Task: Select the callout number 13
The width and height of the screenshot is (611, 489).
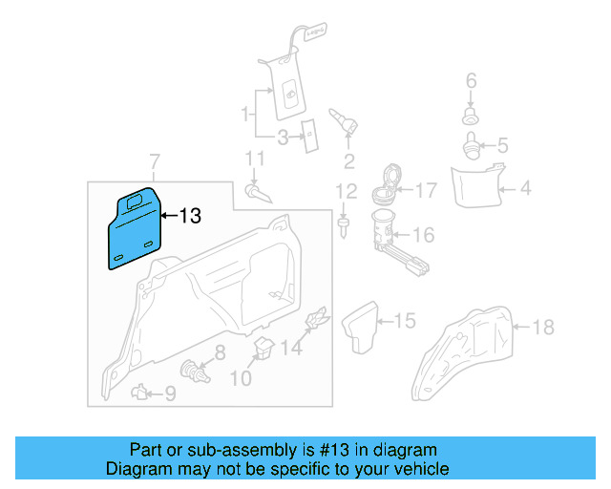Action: click(190, 217)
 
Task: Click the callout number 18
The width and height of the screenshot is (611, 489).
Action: click(541, 328)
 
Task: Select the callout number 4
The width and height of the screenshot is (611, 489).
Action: click(524, 189)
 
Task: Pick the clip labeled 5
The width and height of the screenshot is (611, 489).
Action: click(471, 146)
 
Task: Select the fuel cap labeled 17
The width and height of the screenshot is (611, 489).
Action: click(387, 181)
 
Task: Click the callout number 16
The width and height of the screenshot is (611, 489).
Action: click(423, 235)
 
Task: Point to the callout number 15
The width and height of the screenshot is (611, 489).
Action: click(405, 321)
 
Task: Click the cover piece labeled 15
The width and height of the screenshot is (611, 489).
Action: click(363, 328)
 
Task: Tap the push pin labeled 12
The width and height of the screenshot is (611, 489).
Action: click(343, 227)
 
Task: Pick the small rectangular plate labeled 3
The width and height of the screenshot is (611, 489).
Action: click(310, 137)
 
